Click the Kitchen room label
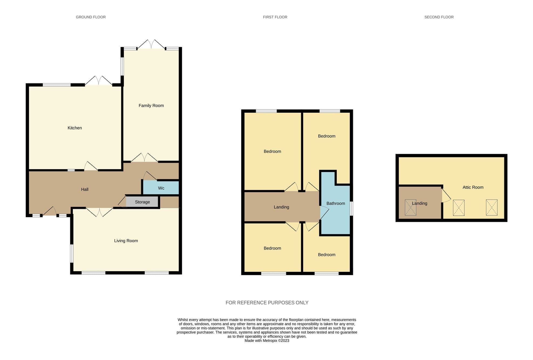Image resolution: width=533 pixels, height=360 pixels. point(74,128)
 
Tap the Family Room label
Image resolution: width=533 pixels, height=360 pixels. point(151,106)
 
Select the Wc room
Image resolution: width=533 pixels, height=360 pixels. point(161,188)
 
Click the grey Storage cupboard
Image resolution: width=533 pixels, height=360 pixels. point(142,202)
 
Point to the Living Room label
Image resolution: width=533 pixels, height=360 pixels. point(126,241)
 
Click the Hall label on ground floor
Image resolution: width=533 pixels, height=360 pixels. point(85,190)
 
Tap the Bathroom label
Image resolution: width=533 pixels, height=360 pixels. point(336,203)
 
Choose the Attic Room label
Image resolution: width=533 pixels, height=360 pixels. point(473,187)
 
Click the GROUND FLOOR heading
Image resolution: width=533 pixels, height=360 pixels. point(91,17)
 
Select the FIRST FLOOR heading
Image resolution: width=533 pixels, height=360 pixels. point(275,17)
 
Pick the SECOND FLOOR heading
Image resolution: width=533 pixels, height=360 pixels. point(439,17)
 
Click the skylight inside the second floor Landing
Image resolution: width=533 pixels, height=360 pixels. point(410,207)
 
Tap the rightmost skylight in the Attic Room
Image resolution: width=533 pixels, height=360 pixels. point(491,207)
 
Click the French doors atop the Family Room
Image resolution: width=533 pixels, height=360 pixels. point(151,45)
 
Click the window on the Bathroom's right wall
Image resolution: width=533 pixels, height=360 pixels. point(351,208)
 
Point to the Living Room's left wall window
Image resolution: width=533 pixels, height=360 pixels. point(72,253)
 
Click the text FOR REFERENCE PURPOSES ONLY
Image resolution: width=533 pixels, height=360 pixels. point(267,303)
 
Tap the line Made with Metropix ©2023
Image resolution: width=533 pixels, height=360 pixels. point(267,341)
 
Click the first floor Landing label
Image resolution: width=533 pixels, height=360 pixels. point(281,207)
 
